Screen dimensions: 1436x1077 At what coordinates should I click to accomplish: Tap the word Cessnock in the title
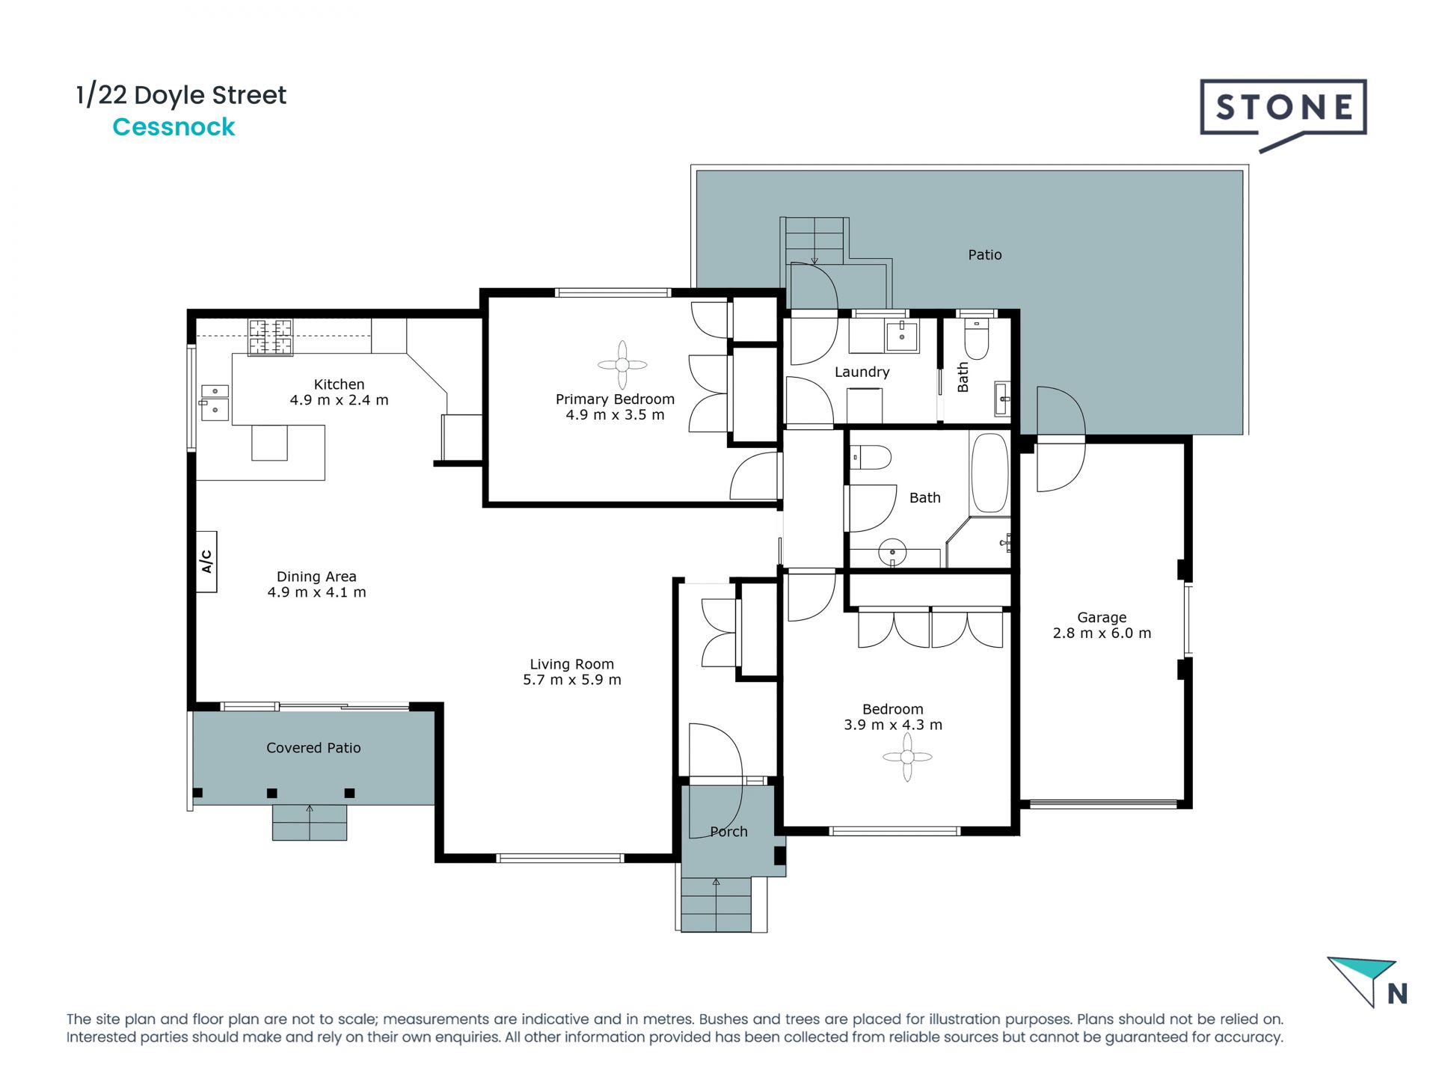coord(174,127)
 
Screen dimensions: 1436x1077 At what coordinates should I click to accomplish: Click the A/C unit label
coord(206,562)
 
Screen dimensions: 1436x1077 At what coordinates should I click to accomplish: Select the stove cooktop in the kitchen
coord(270,337)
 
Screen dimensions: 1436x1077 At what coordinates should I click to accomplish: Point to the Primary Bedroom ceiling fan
coord(622,365)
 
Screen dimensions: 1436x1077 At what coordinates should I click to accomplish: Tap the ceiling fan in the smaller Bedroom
coord(907,757)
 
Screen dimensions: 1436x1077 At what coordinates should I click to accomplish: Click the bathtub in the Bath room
coord(989,473)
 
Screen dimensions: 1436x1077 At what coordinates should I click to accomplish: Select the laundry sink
coord(902,337)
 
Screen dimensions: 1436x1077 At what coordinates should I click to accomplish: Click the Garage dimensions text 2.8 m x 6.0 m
coord(1102,633)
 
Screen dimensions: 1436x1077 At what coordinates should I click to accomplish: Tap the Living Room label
coord(571,664)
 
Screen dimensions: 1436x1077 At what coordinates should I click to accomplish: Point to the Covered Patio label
coord(313,748)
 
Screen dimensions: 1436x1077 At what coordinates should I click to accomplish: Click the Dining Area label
coord(316,577)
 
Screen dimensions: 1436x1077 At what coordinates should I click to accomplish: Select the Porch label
coord(728,832)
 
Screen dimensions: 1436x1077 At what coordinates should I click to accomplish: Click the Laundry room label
coord(862,372)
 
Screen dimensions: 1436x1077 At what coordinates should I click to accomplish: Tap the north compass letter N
coord(1397,993)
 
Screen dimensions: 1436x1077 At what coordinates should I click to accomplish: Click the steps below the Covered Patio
coord(310,822)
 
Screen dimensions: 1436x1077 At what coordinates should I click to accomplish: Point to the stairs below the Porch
coord(717,904)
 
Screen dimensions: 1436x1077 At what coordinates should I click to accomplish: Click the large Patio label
coord(984,255)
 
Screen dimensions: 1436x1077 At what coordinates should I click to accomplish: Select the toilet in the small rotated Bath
coord(976,340)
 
